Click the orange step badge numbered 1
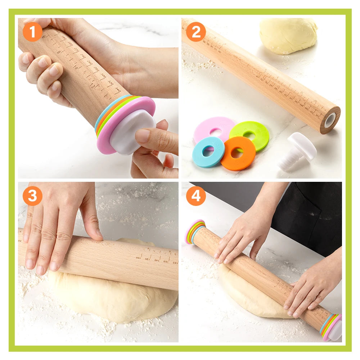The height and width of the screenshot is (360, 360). click(x=33, y=32)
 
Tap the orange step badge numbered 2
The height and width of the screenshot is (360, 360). click(x=196, y=32)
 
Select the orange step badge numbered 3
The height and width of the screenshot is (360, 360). click(x=33, y=196)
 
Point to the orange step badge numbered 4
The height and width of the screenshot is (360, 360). click(x=196, y=196)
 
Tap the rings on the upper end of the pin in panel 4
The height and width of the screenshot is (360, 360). click(x=195, y=231)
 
